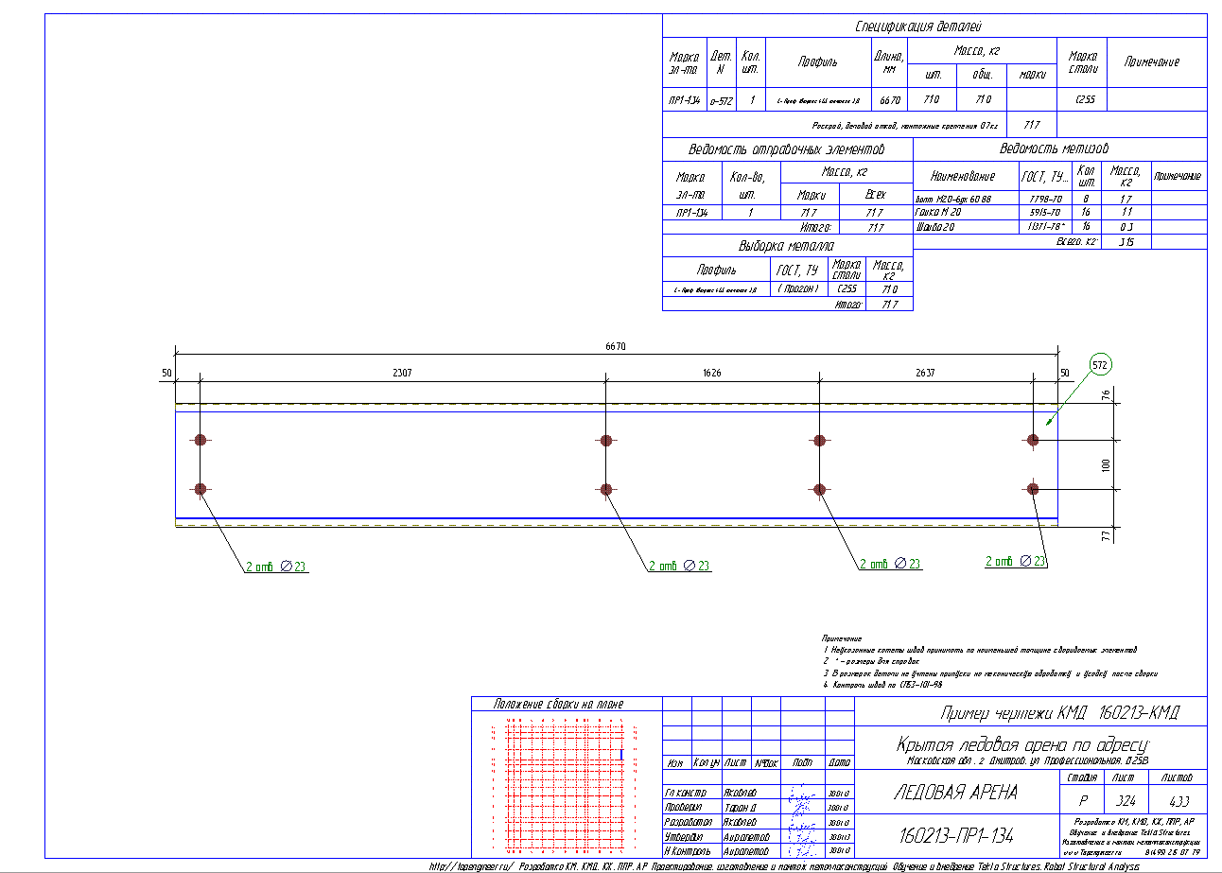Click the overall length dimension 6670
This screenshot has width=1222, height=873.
point(616,346)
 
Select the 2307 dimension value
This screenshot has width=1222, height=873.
point(402,374)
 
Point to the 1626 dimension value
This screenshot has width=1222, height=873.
point(711,374)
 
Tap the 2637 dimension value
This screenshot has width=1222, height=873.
point(924,374)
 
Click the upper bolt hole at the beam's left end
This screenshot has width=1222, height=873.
point(201,439)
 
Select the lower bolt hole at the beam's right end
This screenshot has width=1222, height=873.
point(1033,489)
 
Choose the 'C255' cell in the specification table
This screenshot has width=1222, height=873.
point(1085,99)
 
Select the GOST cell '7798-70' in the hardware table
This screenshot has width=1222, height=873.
point(1044,200)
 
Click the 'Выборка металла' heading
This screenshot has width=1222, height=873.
point(786,247)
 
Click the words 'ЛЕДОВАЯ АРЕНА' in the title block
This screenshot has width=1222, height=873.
point(955,793)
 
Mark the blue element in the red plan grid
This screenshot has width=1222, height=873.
point(620,754)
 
